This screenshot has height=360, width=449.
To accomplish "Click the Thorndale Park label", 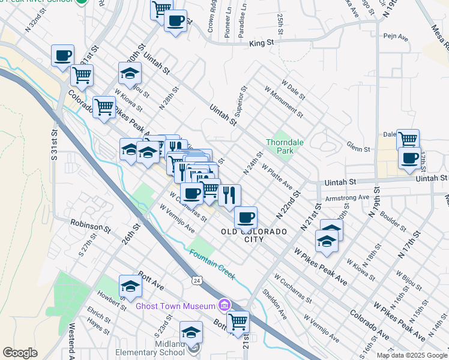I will tap(280, 147).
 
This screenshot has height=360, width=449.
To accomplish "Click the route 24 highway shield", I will tap(196, 281).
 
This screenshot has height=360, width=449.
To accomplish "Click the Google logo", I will tap(20, 353).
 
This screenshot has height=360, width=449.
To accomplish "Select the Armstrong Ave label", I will tap(346, 197).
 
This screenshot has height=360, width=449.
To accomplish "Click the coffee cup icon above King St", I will tap(175, 21).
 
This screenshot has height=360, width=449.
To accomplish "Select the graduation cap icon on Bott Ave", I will tap(130, 287).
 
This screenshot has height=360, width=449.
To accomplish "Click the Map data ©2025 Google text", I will tap(411, 355).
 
